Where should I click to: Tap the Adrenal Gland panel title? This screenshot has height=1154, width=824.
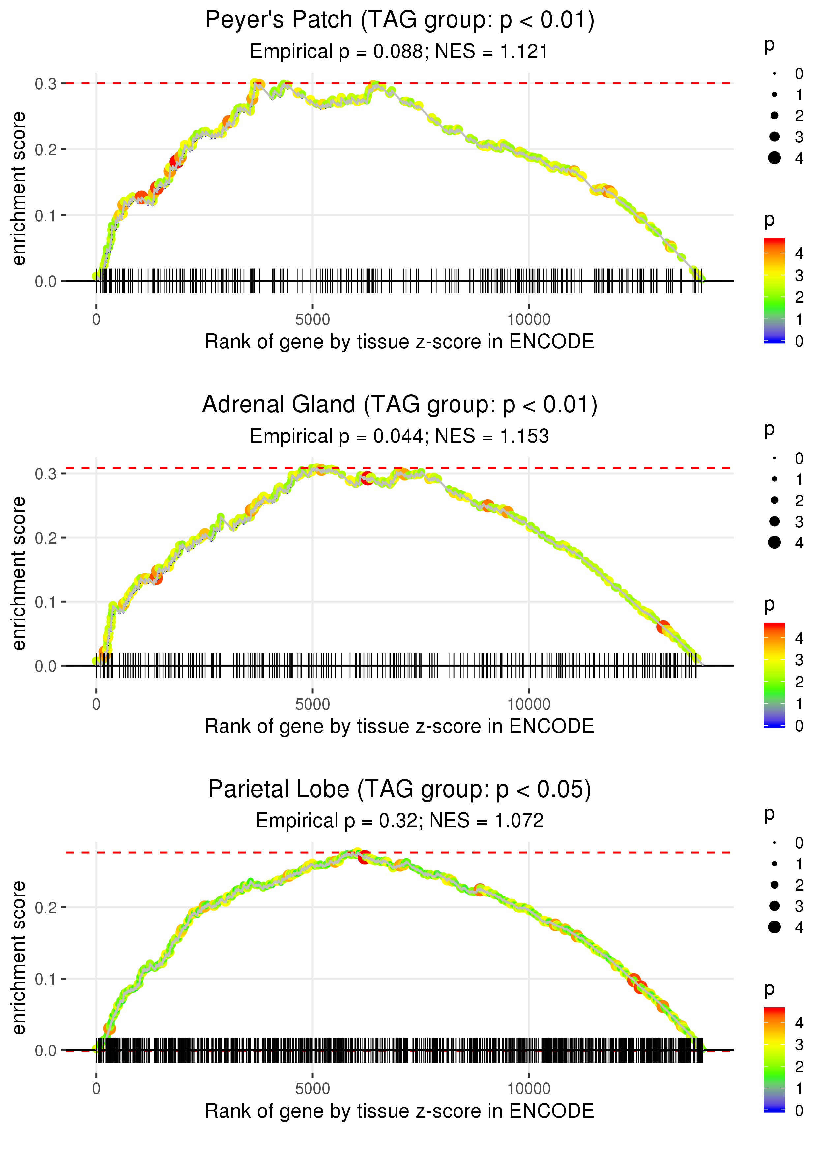tap(399, 405)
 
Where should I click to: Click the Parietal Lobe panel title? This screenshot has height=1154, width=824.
tap(399, 790)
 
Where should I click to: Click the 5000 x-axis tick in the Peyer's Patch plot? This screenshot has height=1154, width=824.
tap(312, 320)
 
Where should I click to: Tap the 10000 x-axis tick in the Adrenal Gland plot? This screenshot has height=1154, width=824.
tap(529, 704)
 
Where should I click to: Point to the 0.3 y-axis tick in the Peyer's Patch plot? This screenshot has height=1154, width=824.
tap(45, 84)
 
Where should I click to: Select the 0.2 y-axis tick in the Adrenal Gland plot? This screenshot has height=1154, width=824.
tap(45, 538)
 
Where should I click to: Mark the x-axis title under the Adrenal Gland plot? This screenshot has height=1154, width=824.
tap(399, 726)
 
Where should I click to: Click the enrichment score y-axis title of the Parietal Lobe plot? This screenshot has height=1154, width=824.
tap(19, 957)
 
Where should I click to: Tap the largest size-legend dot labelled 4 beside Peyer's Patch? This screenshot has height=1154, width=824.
tap(774, 158)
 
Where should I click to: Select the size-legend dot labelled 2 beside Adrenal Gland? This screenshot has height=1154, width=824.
tap(774, 501)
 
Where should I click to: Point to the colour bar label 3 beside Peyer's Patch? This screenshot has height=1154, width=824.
tap(799, 276)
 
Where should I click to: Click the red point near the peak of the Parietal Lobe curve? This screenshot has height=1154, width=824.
tap(364, 857)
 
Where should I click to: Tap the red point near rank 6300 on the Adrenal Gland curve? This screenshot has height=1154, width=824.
tap(368, 478)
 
